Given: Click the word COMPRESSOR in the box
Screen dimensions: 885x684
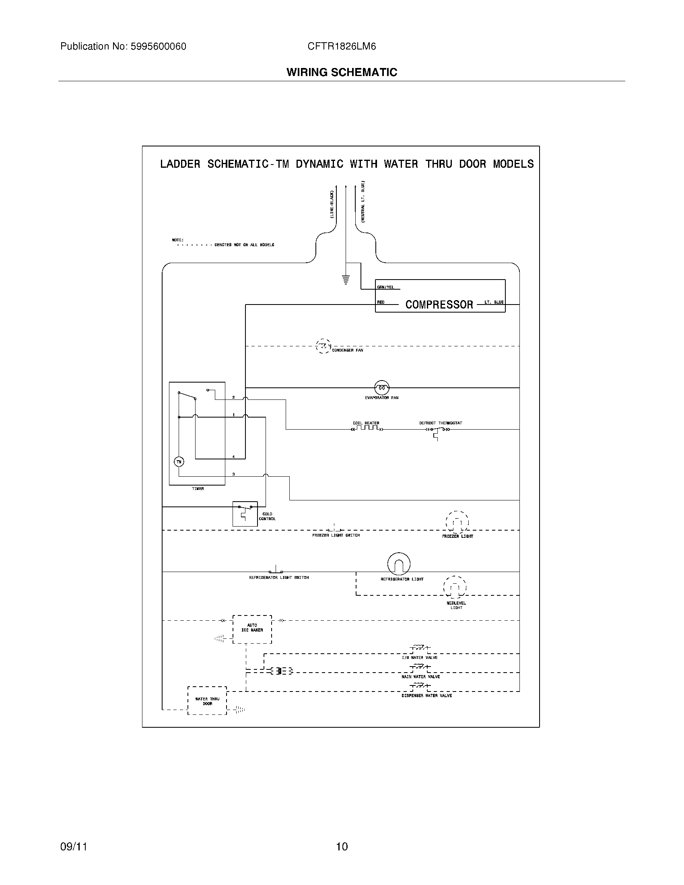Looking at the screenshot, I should [439, 305].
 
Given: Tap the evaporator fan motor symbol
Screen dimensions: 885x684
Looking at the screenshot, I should [381, 388].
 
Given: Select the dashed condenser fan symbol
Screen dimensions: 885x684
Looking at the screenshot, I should [323, 346].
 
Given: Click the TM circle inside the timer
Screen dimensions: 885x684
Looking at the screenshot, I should [179, 461].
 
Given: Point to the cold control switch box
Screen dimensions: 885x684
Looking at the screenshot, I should [245, 513].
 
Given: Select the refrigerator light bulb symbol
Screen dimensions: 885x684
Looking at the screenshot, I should [399, 564].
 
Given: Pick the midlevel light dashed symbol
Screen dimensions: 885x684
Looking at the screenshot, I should [455, 587].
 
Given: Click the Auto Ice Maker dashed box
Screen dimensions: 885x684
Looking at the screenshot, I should [252, 629].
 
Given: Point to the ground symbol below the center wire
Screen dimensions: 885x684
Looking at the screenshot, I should [346, 280].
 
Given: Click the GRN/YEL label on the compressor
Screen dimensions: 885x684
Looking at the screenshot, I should [385, 287].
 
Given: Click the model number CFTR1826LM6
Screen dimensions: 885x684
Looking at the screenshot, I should [342, 47].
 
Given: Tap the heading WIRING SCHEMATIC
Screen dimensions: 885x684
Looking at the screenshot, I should [342, 72].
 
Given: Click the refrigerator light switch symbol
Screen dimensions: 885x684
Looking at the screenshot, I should [276, 570].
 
